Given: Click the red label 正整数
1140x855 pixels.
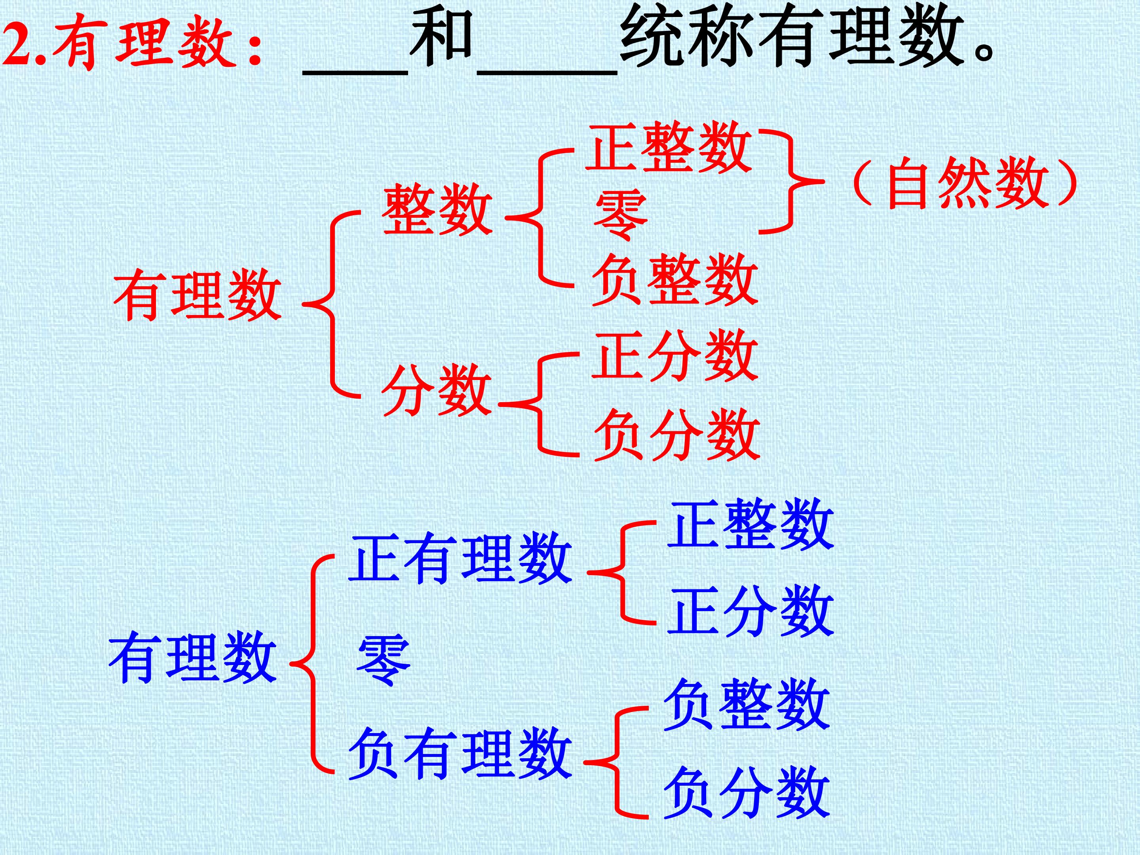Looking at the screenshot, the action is pos(669,146).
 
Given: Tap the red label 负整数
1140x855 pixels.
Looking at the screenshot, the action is pos(674,279).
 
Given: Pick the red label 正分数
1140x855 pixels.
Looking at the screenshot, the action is pos(675,355).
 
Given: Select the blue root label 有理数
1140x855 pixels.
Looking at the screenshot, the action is pos(193,657).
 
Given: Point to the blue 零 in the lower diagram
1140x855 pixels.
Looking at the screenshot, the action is pos(384,660).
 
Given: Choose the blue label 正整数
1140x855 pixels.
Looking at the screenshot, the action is pos(750,524).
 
